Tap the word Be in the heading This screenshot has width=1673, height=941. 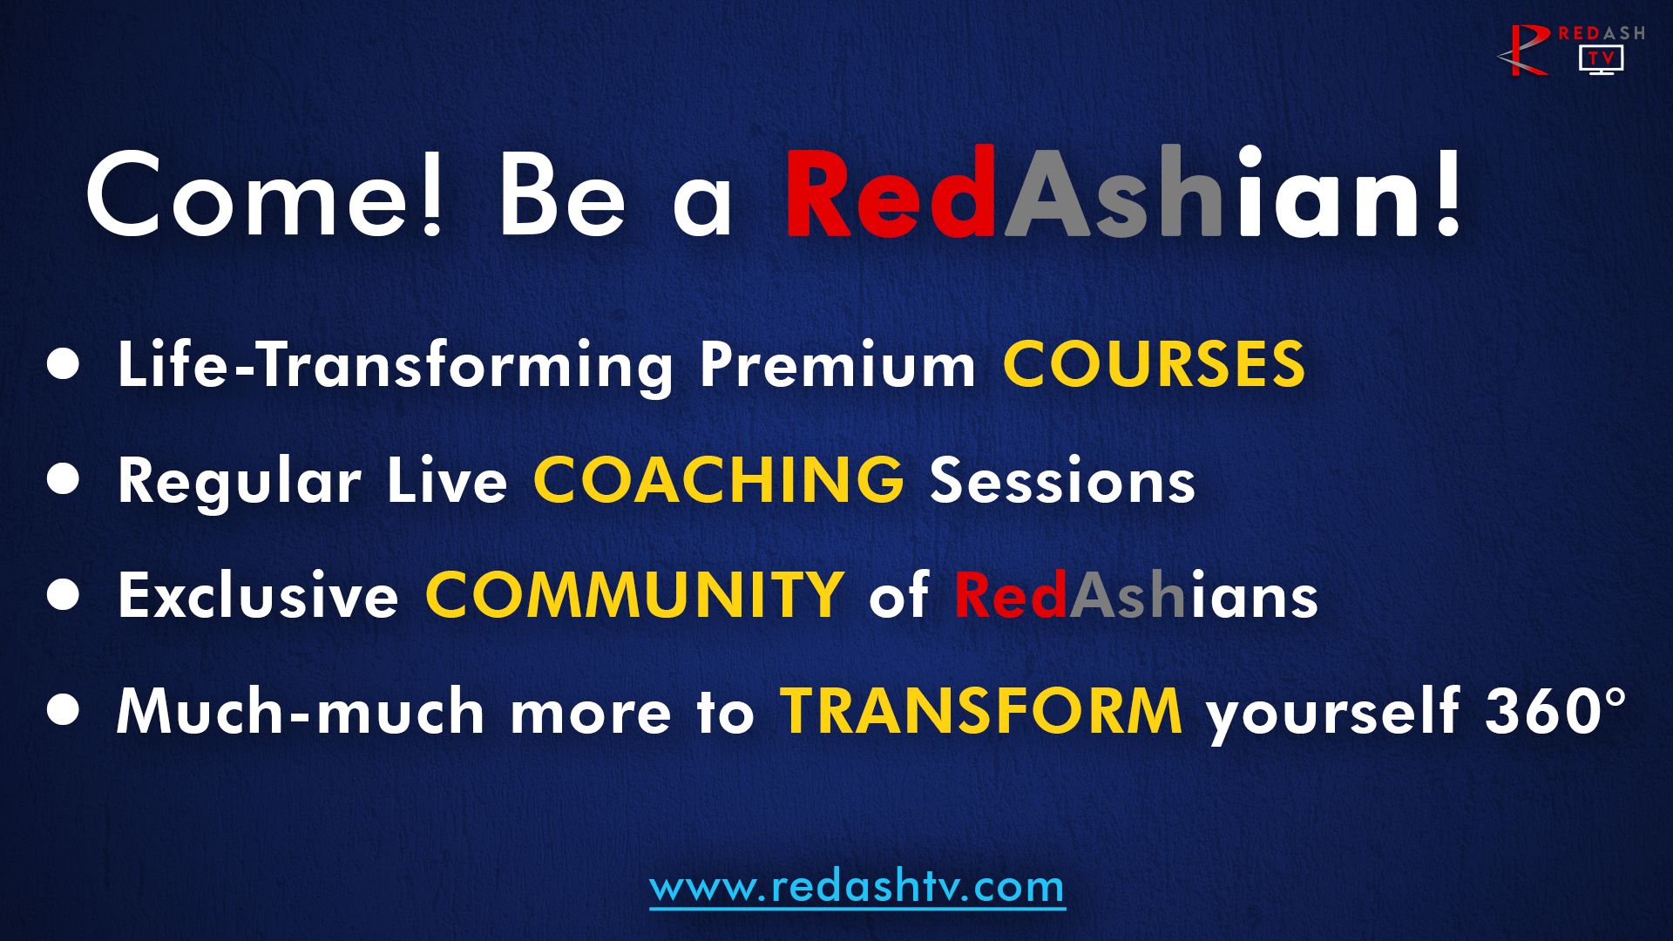pos(562,194)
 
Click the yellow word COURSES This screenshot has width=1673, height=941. pos(1154,363)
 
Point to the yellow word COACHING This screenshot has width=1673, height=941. pos(719,480)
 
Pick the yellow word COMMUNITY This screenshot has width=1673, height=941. pos(633,596)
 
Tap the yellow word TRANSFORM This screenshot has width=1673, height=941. pos(981,711)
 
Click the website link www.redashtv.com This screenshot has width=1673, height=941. pos(857,887)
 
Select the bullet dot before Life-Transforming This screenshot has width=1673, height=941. pos(63,364)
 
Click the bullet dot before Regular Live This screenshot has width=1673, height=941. pos(63,479)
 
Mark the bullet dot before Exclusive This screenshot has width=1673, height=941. pos(63,595)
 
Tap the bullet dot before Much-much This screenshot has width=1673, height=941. pos(63,710)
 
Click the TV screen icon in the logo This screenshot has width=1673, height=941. pos(1602,59)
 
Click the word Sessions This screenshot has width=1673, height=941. pos(1062,480)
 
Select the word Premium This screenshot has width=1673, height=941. pos(837,365)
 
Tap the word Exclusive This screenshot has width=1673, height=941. pos(258,596)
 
